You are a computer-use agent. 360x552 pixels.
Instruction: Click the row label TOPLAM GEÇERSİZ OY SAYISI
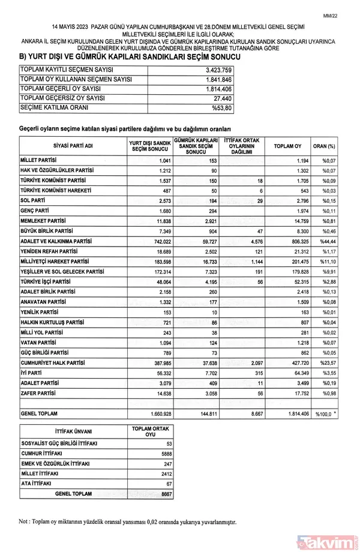point(63,98)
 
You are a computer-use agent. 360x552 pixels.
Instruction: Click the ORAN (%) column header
point(324,146)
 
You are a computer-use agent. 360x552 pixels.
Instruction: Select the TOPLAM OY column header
point(287,146)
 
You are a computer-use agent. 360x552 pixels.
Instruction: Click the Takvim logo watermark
point(328,542)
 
